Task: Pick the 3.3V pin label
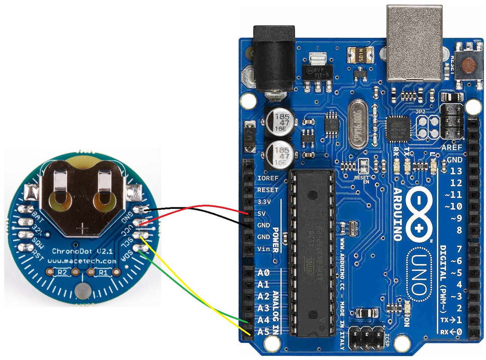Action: pos(265,201)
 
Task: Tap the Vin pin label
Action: pos(263,249)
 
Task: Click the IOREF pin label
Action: pos(267,178)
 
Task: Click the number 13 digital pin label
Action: pos(456,171)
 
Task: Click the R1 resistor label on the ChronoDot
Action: pos(103,272)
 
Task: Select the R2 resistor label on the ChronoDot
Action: pos(62,272)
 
